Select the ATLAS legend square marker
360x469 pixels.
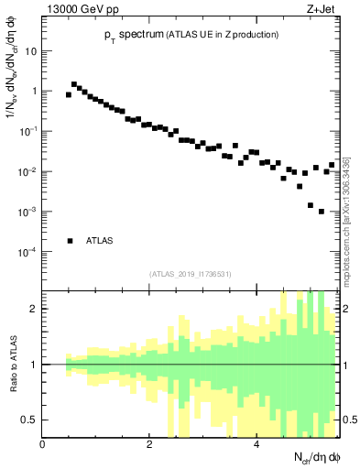pyautogui.click(x=70, y=241)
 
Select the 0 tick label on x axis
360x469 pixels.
pyautogui.click(x=43, y=444)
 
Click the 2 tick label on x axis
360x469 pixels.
pyautogui.click(x=149, y=444)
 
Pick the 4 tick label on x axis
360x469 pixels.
pyautogui.click(x=256, y=444)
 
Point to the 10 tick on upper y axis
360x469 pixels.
pyautogui.click(x=30, y=50)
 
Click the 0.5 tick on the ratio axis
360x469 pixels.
pyautogui.click(x=29, y=420)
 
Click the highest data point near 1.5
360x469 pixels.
pyautogui.click(x=74, y=84)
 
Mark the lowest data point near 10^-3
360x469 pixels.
pyautogui.click(x=322, y=212)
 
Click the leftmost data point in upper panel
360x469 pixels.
pyautogui.click(x=69, y=94)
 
